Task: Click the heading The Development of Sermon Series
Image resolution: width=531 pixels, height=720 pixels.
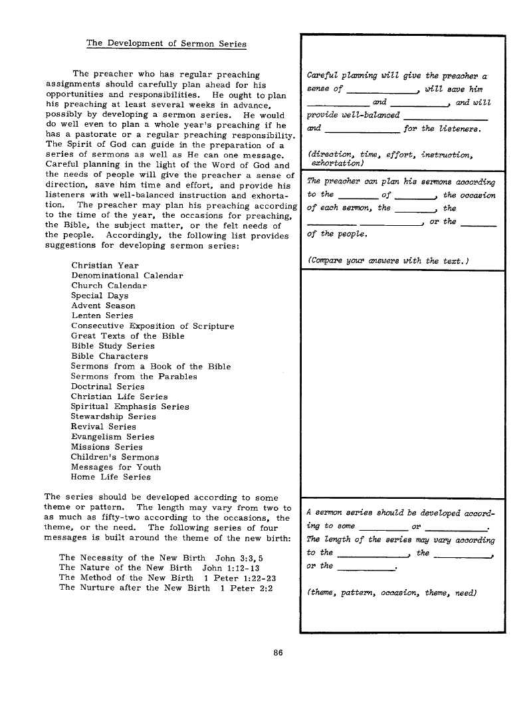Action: coord(166,44)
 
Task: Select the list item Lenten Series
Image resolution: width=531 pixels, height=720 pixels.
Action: coord(102,315)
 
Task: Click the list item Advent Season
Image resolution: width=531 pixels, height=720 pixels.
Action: coord(103,306)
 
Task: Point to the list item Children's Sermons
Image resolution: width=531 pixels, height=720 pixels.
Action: coord(115,457)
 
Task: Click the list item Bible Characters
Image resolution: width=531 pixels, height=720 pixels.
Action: coord(109,356)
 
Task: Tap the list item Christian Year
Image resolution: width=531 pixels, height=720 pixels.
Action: coord(105,265)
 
